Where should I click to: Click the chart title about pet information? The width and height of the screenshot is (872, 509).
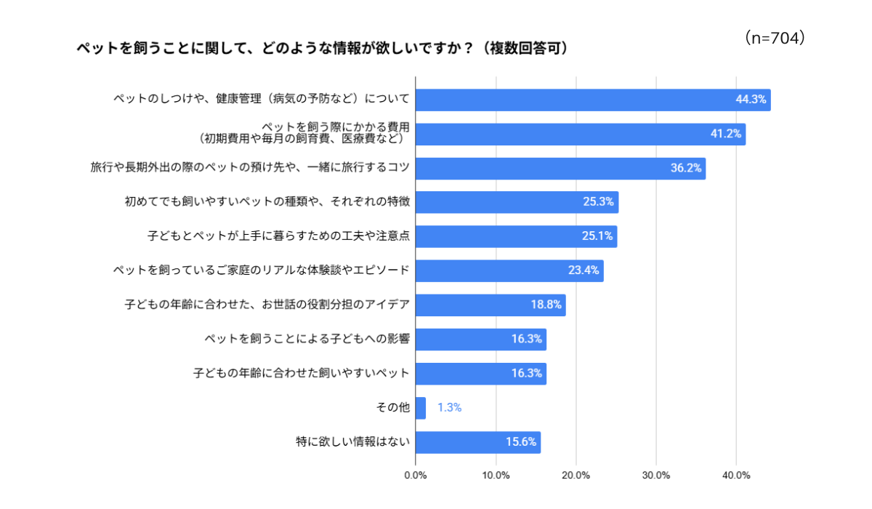(x=323, y=48)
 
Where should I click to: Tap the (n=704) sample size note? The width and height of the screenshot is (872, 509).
(x=775, y=38)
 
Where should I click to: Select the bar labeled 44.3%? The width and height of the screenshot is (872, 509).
(x=593, y=100)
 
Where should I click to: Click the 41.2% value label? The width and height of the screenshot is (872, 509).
(x=726, y=134)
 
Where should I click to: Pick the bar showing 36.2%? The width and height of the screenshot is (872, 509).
(x=560, y=168)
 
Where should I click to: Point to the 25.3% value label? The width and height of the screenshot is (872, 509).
(x=598, y=201)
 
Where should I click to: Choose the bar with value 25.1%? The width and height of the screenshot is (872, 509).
(x=516, y=236)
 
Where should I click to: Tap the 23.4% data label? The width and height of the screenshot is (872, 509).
(x=584, y=270)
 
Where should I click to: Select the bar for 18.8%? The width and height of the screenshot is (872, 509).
(x=490, y=305)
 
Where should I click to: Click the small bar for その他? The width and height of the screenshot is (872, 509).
(x=421, y=408)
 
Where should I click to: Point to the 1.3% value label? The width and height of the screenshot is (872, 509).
(x=450, y=408)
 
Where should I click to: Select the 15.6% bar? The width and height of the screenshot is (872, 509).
(x=478, y=442)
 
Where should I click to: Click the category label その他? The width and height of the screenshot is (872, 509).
(x=393, y=407)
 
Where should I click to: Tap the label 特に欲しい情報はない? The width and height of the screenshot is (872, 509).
(x=352, y=441)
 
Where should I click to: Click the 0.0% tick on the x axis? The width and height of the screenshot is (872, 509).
(x=416, y=476)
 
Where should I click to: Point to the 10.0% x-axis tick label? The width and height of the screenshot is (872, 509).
(x=496, y=476)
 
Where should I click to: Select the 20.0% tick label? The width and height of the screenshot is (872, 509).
(x=576, y=476)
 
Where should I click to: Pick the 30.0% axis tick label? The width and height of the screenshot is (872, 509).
(x=656, y=476)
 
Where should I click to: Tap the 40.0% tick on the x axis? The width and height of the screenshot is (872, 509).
(x=736, y=476)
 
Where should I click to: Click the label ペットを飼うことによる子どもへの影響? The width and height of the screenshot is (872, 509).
(x=307, y=339)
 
